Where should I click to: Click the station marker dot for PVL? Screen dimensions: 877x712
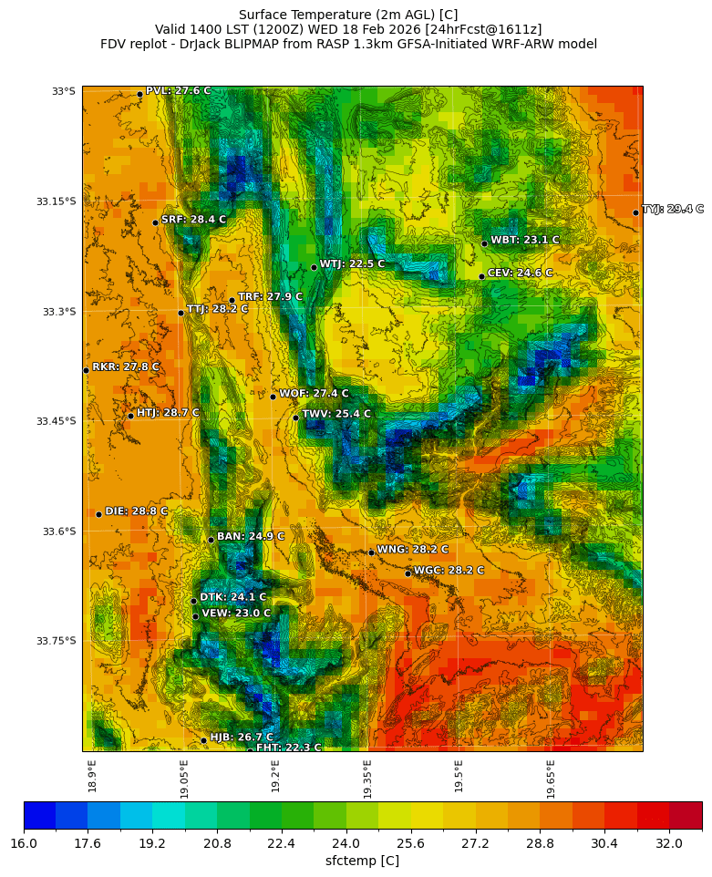139,94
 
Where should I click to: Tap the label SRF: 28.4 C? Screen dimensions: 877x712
193,220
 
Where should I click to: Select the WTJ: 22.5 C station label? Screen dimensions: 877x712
352,264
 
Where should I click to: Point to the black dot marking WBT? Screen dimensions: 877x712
484,243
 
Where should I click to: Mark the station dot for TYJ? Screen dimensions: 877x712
635,212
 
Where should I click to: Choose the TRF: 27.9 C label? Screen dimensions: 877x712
270,297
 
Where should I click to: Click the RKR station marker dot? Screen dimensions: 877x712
86,370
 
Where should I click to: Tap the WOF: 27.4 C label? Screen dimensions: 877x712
314,394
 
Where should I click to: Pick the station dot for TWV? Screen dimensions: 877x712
295,418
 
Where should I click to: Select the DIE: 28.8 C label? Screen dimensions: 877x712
136,511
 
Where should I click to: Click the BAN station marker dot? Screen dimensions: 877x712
211,540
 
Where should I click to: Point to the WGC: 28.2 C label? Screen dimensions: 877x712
449,571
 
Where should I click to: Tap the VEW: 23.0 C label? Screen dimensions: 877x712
235,614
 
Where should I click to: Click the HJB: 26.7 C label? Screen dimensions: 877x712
241,738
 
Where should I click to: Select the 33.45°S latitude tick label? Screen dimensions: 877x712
56,421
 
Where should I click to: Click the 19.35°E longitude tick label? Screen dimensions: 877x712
367,779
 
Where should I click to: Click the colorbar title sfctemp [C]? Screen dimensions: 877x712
362,862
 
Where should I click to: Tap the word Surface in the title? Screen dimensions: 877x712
263,15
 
